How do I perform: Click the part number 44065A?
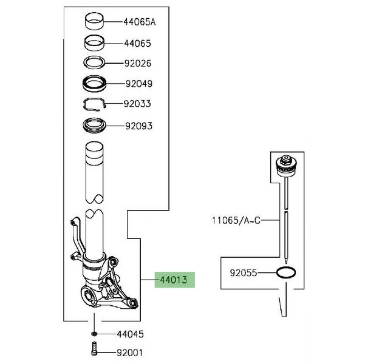140,22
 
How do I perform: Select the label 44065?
137,44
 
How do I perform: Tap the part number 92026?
137,63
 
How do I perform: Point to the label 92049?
137,84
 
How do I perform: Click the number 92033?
137,104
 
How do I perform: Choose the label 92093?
137,126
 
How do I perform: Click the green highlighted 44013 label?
174,281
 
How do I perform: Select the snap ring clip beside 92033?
95,104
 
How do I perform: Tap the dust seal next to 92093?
95,127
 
